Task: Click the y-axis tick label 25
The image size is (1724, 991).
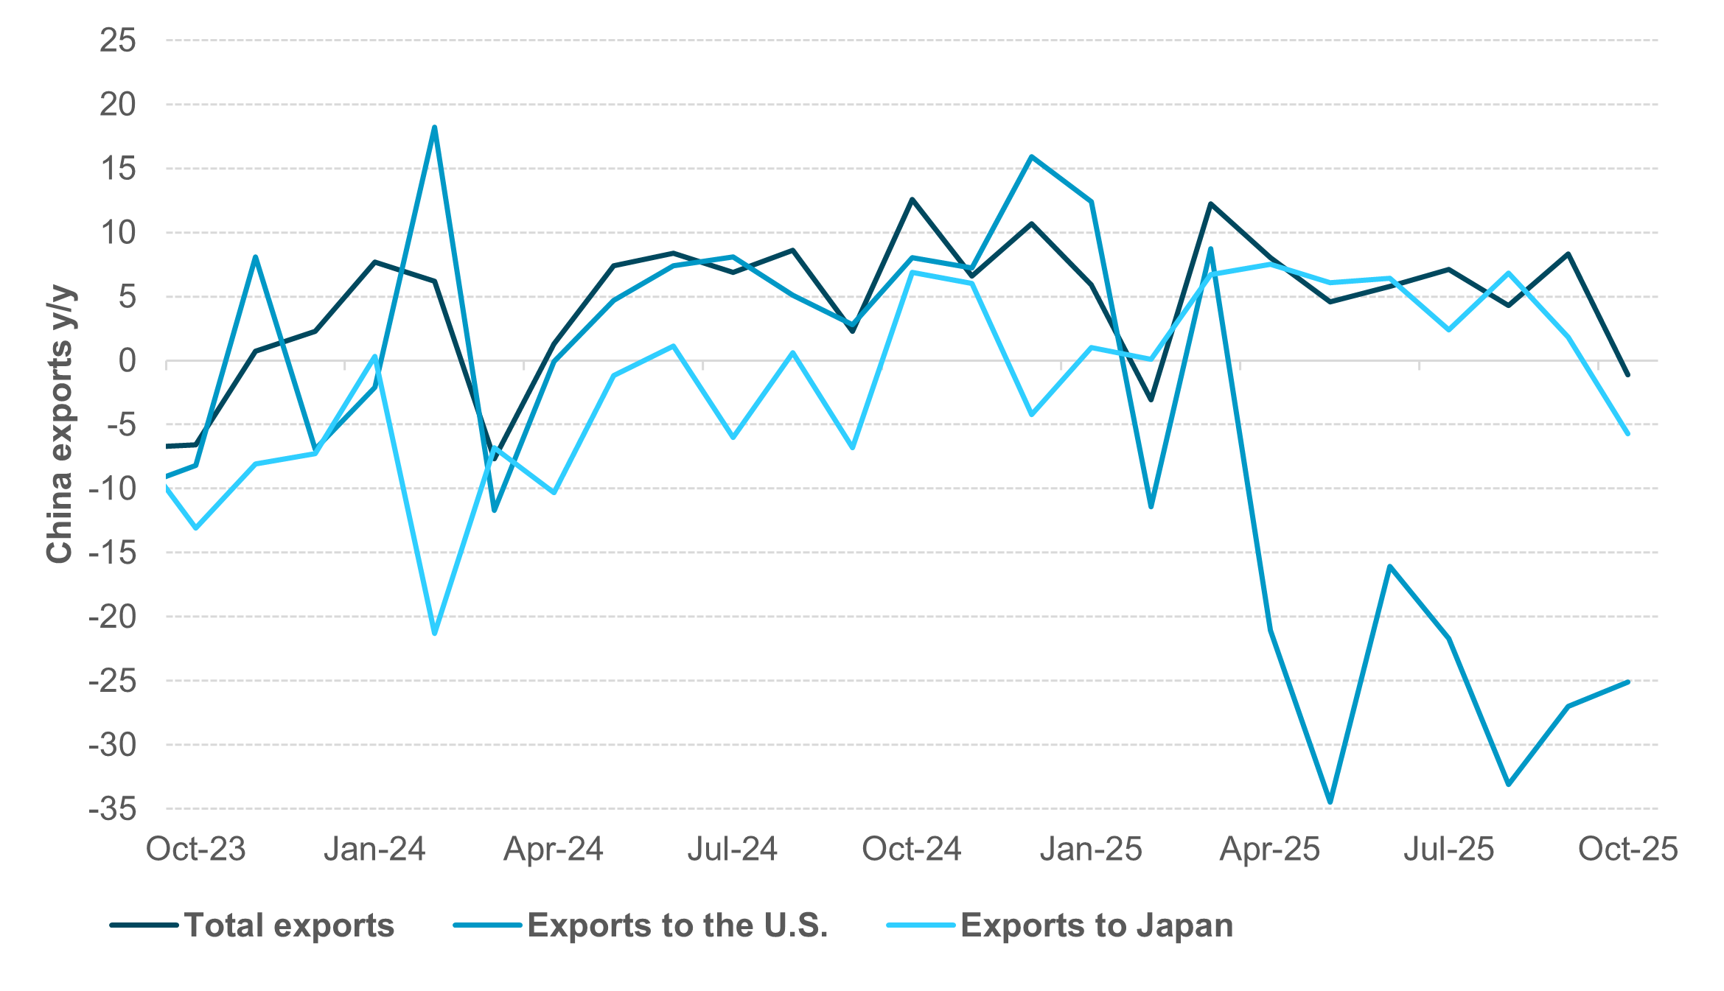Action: tap(118, 41)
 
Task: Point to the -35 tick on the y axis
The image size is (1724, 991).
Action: tap(113, 809)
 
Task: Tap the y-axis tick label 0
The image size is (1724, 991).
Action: tap(128, 361)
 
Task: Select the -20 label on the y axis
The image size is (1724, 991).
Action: tap(113, 617)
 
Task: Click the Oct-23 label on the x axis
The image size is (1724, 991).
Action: tap(195, 849)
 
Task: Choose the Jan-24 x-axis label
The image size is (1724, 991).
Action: tap(374, 849)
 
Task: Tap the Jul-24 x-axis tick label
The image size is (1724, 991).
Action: tap(732, 849)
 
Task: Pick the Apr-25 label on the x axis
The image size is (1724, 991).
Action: tap(1269, 849)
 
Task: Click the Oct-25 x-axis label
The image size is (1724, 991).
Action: tap(1627, 849)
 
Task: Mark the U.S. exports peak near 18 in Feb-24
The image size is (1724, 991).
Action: tap(434, 127)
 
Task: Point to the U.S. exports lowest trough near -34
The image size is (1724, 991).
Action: tap(1330, 802)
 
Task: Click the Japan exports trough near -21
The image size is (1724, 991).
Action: tap(434, 634)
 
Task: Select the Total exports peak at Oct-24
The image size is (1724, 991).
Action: tap(912, 199)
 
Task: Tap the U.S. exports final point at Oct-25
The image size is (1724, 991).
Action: tap(1627, 682)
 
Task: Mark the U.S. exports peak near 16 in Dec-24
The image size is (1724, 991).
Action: tap(1031, 156)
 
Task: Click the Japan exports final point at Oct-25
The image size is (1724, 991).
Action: tap(1627, 434)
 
